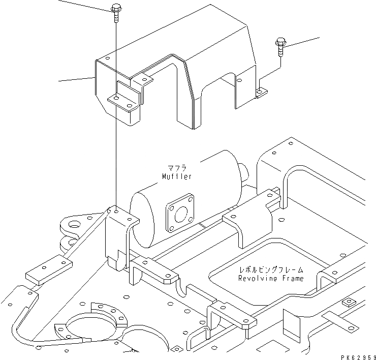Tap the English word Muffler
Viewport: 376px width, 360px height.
(177, 176)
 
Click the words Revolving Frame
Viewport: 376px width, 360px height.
(271, 278)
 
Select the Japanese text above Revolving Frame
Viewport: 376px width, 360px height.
(271, 270)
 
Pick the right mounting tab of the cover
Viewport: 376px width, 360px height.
(261, 92)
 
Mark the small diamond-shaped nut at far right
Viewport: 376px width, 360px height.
(350, 303)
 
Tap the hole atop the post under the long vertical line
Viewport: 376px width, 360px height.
(116, 211)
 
